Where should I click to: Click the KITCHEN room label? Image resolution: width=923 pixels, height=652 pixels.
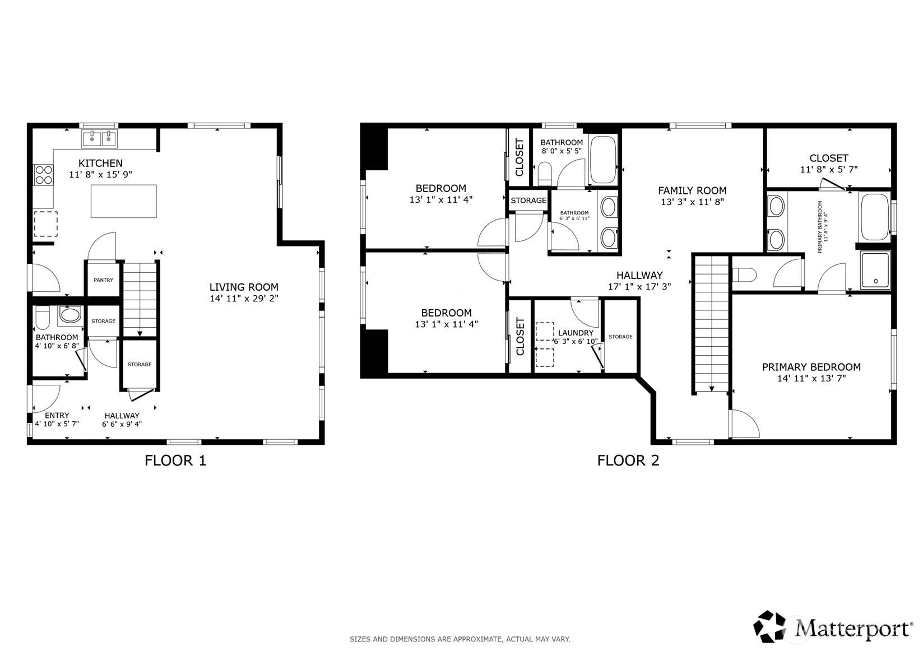(x=100, y=163)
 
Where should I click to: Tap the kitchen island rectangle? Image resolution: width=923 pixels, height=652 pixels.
(x=124, y=201)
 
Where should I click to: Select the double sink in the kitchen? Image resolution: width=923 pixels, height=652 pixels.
(x=99, y=138)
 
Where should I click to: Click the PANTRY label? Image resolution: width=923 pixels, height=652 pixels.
(x=104, y=280)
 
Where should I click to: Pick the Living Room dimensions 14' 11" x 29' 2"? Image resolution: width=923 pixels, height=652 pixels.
(x=244, y=298)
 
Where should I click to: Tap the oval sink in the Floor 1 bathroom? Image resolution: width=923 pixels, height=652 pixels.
(x=71, y=315)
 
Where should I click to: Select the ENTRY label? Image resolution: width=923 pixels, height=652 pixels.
(x=57, y=415)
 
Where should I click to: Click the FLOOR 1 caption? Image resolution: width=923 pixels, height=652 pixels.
(x=175, y=460)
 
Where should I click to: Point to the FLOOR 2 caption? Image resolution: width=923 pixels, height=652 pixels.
(x=628, y=460)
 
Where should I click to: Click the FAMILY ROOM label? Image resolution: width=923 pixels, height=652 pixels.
(x=692, y=190)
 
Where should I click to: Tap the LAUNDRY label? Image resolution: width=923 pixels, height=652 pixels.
(x=576, y=333)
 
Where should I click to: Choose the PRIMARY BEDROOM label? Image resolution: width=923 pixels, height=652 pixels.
(x=811, y=367)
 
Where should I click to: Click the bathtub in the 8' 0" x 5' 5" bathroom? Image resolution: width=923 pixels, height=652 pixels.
(x=603, y=160)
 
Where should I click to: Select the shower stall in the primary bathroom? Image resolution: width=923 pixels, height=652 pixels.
(x=875, y=270)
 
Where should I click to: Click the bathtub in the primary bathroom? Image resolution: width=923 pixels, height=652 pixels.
(x=875, y=217)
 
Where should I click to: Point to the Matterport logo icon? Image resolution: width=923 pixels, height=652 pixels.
(x=769, y=626)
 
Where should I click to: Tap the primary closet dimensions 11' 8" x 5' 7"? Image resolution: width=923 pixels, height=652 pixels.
(x=829, y=169)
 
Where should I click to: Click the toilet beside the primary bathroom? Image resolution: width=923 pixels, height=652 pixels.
(x=744, y=274)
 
